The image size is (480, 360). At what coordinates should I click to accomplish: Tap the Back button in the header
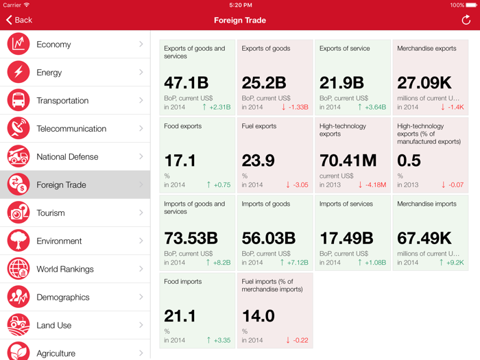tap(19, 21)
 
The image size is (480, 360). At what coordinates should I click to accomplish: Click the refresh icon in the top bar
tap(466, 20)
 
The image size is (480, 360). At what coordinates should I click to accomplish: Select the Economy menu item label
tap(53, 45)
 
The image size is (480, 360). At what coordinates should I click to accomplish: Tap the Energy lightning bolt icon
tap(19, 72)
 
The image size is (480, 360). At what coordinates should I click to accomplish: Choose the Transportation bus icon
tap(19, 100)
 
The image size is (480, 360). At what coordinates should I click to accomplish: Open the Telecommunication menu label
tap(71, 129)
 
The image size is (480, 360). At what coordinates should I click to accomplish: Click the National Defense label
tap(67, 157)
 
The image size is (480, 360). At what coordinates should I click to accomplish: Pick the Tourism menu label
tap(51, 213)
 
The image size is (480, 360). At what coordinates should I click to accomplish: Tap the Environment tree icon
tap(19, 241)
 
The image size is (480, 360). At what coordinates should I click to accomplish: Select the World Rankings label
tap(65, 269)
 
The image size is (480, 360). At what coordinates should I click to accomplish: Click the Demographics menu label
tap(63, 298)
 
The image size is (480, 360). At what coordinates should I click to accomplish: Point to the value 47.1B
tap(186, 83)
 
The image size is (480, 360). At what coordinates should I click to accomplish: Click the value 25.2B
tap(263, 83)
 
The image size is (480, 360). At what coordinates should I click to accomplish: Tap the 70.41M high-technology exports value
tap(348, 160)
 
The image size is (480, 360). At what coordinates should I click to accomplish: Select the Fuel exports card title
tap(259, 126)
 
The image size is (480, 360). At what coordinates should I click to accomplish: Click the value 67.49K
tap(424, 238)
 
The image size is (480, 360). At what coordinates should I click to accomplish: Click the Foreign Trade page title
tap(240, 21)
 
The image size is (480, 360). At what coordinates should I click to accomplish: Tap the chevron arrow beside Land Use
tap(141, 325)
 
